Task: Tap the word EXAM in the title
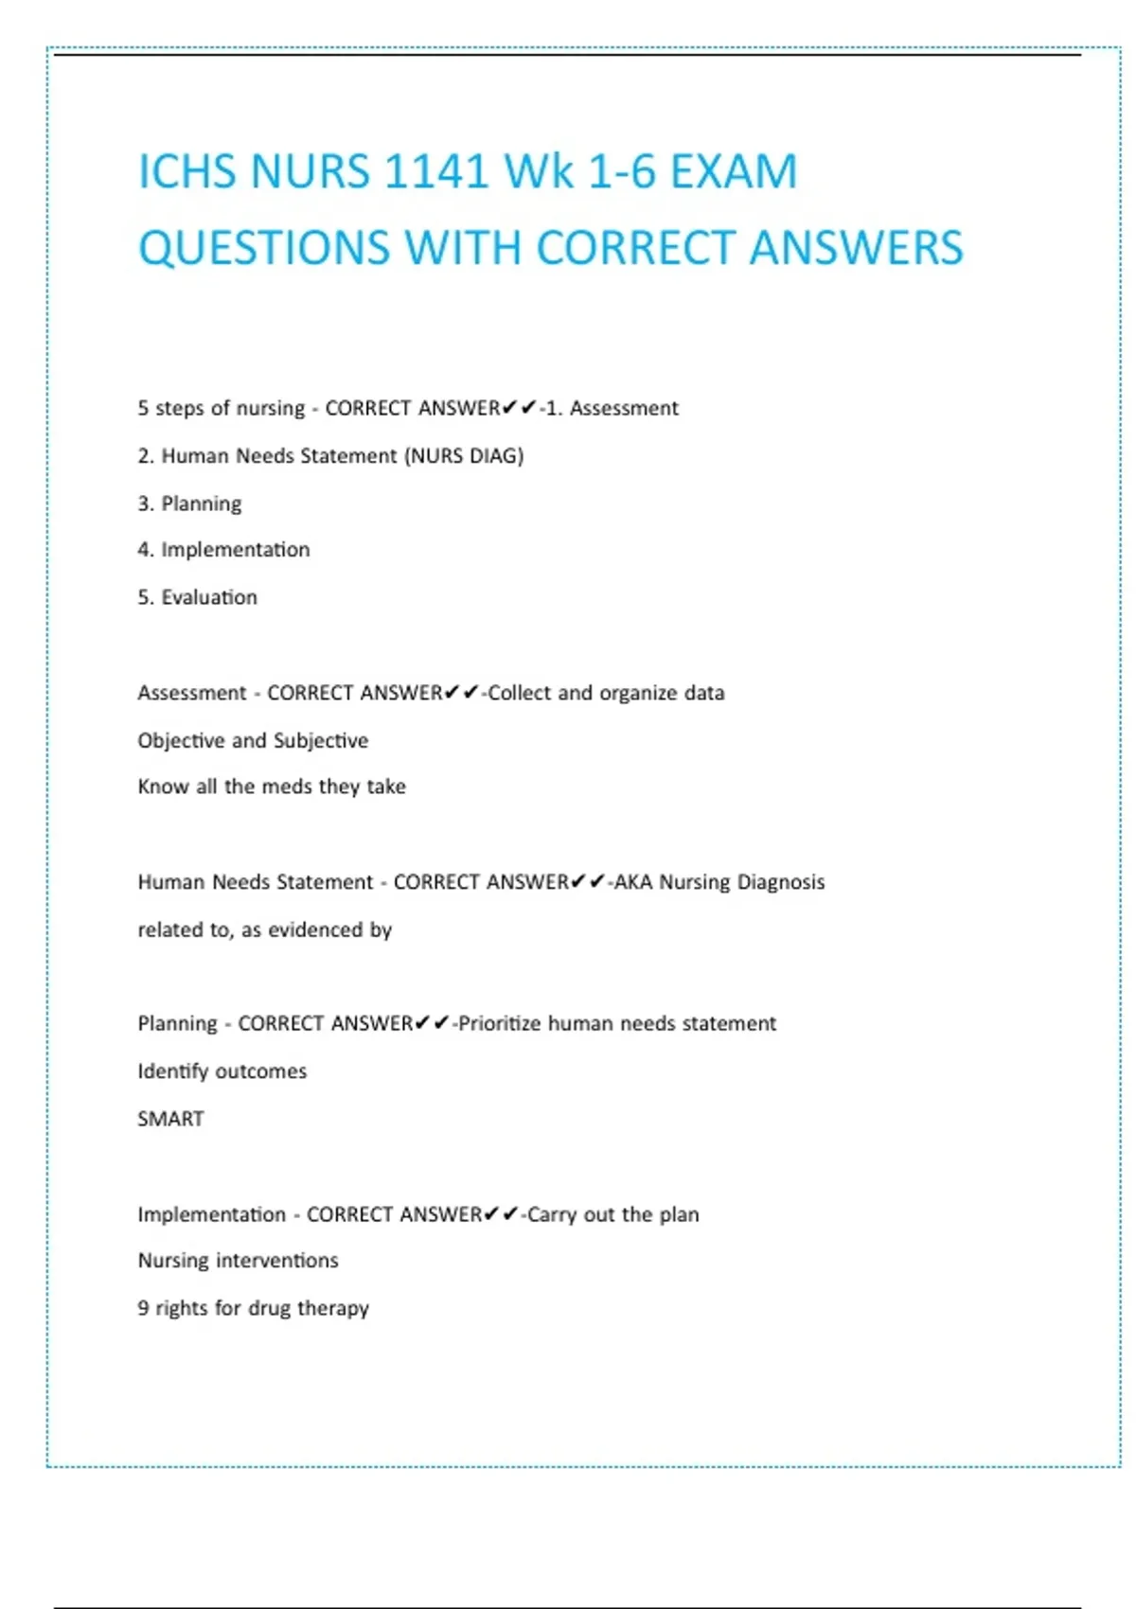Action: tap(734, 172)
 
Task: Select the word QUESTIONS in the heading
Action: tap(264, 248)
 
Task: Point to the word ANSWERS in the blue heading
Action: tap(856, 248)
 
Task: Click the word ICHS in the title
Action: tap(187, 172)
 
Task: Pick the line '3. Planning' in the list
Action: tap(189, 504)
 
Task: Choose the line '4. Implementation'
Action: tap(223, 550)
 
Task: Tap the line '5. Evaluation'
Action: tap(197, 597)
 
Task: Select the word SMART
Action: tap(170, 1119)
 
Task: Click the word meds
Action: tap(287, 787)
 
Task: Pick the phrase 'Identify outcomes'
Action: tap(222, 1071)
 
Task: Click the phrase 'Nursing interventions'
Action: tap(238, 1261)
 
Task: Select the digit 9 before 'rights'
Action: tap(143, 1308)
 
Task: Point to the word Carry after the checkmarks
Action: tap(552, 1214)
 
